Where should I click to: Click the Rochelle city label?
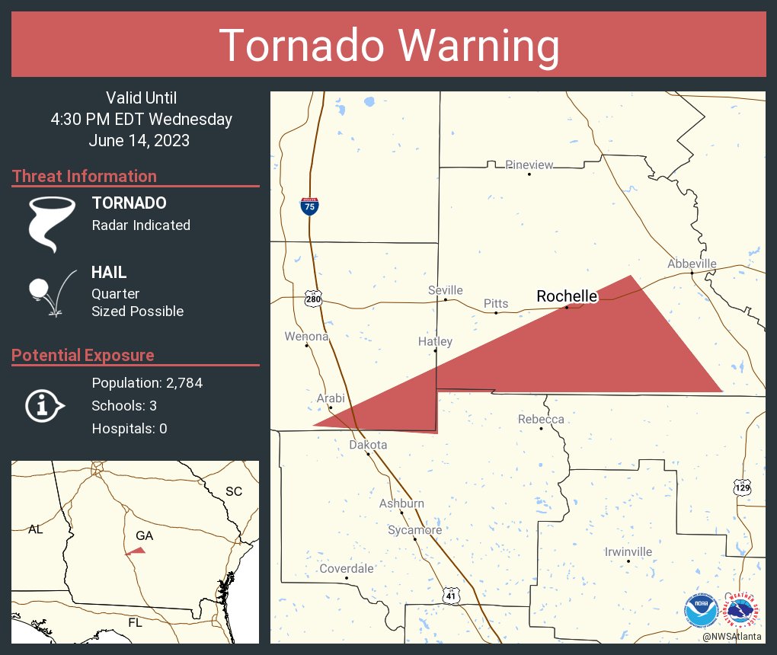point(567,296)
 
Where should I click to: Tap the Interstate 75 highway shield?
point(309,206)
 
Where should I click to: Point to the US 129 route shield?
point(743,486)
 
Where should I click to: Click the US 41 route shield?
point(452,595)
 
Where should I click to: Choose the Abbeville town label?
point(692,264)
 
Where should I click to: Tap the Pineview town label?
point(529,165)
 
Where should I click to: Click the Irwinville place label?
point(628,551)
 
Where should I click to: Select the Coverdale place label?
point(347,568)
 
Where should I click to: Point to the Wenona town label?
point(306,336)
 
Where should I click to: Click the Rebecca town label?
point(541,420)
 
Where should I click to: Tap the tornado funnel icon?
point(52,223)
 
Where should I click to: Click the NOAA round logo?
point(700,610)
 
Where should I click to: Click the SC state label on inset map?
point(233,491)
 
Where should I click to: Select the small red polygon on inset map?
point(137,550)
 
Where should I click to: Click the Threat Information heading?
point(85,176)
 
